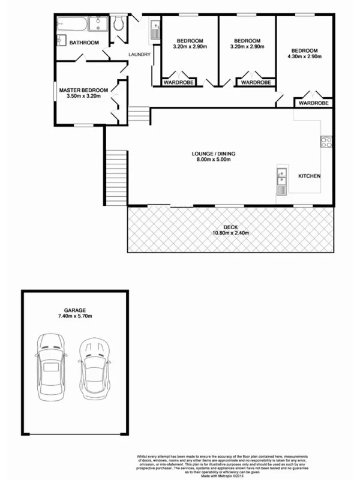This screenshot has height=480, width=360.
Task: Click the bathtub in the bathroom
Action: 73,25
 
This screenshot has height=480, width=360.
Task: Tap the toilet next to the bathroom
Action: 118,25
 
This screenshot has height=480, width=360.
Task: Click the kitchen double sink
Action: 281,181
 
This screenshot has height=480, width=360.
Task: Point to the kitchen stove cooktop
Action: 326,142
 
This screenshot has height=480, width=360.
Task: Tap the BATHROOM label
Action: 84,43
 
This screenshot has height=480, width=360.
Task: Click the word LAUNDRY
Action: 139,55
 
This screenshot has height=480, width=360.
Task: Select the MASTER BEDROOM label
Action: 83,90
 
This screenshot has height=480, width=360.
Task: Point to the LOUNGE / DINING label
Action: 213,154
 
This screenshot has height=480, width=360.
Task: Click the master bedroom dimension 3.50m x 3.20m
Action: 83,97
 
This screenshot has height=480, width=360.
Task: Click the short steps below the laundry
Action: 138,113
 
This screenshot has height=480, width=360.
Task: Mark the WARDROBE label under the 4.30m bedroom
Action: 314,103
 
